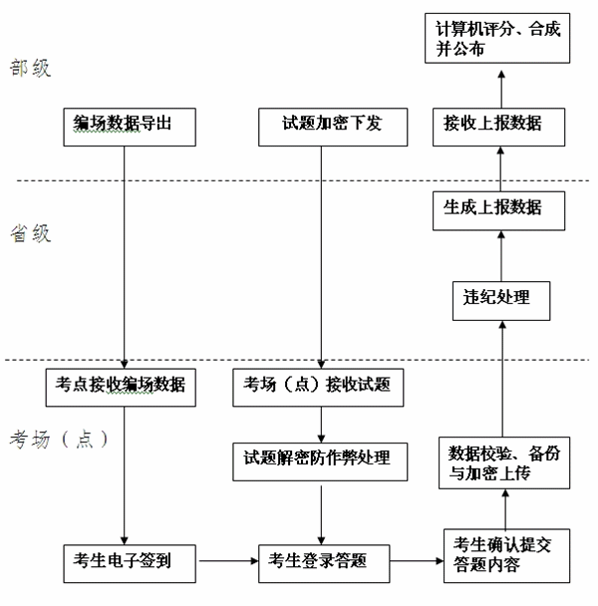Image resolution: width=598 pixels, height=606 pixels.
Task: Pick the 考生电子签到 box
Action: tap(125, 562)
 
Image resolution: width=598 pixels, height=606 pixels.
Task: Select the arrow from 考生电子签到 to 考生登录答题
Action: tap(227, 562)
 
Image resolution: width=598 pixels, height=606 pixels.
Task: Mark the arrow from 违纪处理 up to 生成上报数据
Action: tap(499, 253)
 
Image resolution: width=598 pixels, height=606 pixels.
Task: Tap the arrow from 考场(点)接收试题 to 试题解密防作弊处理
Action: tap(322, 424)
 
